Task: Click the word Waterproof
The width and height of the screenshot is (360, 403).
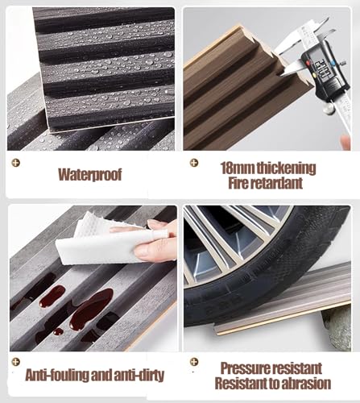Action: (x=90, y=175)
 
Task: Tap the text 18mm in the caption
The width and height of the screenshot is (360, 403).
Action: (x=238, y=168)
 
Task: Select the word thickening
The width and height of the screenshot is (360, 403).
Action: (x=286, y=168)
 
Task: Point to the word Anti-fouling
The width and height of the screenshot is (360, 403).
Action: (x=57, y=375)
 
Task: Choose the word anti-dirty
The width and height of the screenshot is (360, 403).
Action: (x=139, y=375)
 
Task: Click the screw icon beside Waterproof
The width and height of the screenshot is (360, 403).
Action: (x=16, y=163)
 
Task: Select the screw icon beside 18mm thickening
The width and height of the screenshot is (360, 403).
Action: (x=194, y=163)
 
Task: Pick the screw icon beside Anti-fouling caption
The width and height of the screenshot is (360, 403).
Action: (x=16, y=362)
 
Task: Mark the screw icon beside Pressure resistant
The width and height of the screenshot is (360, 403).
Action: (x=194, y=362)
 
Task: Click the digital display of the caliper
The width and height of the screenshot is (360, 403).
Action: (x=321, y=69)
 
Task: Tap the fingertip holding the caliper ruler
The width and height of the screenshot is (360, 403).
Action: (x=346, y=142)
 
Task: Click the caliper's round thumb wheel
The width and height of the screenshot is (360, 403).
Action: (x=328, y=108)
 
